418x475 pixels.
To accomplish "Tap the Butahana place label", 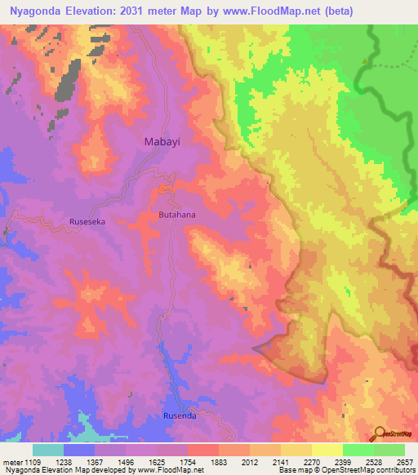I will pos(177,215).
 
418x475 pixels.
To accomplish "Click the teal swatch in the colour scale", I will pos(48,450).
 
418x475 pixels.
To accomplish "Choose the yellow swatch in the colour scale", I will pos(327,450).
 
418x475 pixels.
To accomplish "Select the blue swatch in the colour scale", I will pos(79,450).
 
